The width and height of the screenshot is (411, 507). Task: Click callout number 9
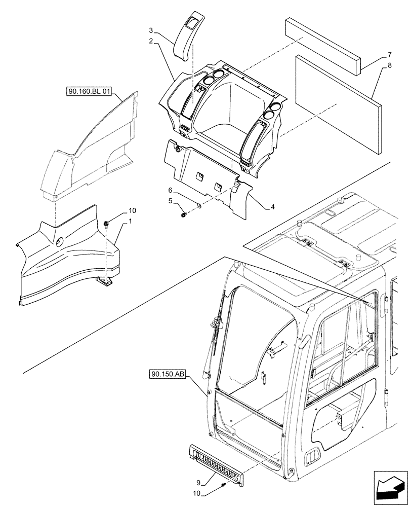coord(198,482)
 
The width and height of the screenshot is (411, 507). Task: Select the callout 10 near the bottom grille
coord(198,493)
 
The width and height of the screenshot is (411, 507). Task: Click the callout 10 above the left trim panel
coord(117,210)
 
